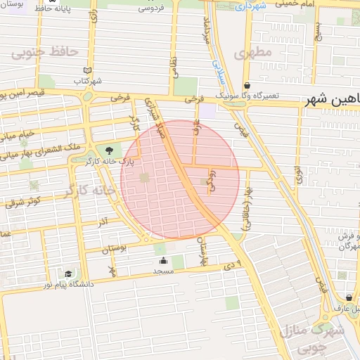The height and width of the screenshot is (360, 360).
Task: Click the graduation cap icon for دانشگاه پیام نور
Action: pyautogui.click(x=68, y=274)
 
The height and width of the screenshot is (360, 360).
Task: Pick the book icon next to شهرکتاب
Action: pyautogui.click(x=87, y=70)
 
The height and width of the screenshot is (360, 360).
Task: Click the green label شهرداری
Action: pyautogui.click(x=250, y=6)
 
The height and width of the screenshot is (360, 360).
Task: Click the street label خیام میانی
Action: pyautogui.click(x=18, y=133)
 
